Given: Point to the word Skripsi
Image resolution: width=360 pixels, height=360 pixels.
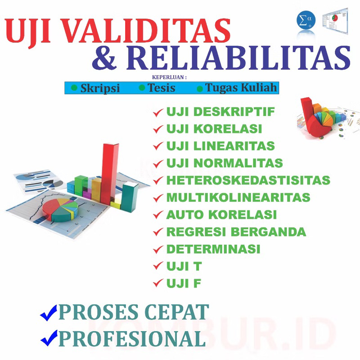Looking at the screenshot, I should (100, 88).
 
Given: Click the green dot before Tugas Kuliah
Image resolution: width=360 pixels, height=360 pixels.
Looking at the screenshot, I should (200, 88).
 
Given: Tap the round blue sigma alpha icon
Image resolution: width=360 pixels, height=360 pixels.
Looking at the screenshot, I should (306, 21).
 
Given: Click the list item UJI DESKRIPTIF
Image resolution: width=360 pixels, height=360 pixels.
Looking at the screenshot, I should (220, 112).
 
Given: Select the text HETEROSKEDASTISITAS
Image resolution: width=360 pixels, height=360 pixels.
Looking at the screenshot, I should (248, 180).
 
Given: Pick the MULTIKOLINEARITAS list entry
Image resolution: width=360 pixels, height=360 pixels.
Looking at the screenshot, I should (238, 198).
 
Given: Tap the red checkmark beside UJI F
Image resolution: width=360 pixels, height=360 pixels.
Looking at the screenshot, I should (157, 283).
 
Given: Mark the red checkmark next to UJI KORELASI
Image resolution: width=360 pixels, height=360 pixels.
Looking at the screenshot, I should (157, 129).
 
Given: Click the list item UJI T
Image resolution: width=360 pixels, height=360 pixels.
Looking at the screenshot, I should (184, 266).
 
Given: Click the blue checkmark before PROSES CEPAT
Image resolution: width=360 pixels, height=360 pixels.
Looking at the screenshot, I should (48, 312).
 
